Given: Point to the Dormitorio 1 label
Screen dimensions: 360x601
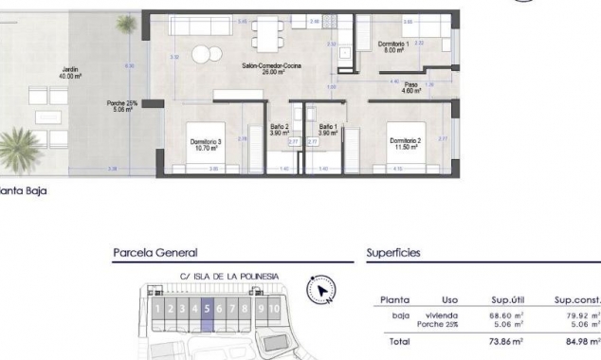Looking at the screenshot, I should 392,47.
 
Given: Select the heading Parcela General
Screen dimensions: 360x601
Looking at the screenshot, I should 155,253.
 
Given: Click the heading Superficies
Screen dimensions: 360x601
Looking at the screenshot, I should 393,253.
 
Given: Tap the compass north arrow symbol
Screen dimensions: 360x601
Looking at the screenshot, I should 322,289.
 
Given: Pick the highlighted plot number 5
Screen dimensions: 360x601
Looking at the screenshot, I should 206,308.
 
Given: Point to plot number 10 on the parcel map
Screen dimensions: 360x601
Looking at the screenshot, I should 274,308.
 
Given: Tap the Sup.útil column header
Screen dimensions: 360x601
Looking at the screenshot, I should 508,299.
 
